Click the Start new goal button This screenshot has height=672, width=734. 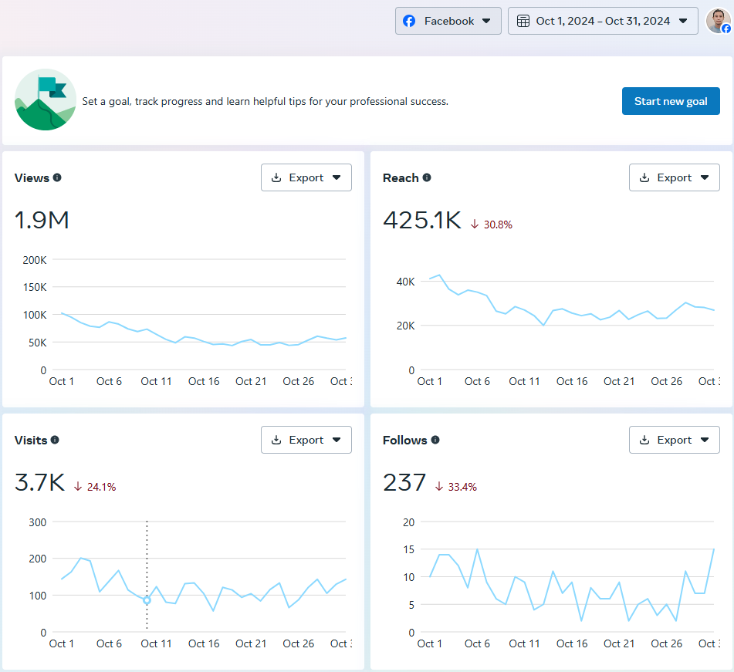click(671, 101)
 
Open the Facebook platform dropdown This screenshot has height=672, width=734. click(448, 21)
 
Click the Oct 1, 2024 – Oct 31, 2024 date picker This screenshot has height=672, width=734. click(603, 21)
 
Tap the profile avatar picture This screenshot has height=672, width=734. click(718, 21)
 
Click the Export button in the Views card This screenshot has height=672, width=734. click(306, 177)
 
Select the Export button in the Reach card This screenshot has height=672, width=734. click(675, 177)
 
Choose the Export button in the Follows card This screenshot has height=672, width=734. click(675, 440)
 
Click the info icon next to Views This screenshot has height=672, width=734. click(57, 177)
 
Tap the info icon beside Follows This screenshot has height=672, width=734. click(435, 440)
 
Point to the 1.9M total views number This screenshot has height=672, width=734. click(42, 221)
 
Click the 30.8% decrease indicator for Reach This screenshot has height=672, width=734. click(492, 225)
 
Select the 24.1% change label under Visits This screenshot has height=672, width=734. click(95, 487)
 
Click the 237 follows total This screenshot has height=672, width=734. click(404, 483)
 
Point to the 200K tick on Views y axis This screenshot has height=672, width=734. click(34, 260)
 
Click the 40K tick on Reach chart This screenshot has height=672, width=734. click(406, 282)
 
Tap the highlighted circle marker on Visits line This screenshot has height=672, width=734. click(147, 600)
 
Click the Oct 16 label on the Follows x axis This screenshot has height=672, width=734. click(572, 643)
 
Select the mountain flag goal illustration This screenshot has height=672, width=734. click(46, 100)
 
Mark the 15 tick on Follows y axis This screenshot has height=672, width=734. click(409, 549)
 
